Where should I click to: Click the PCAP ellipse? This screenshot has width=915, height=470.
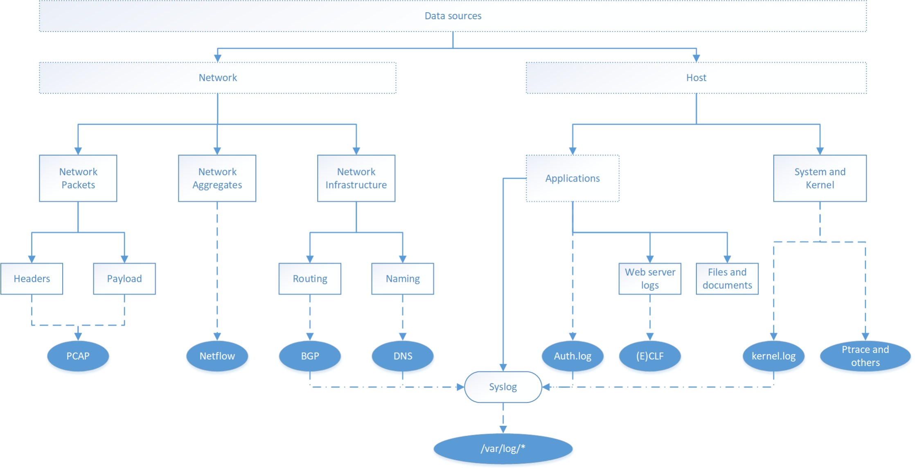[78, 356]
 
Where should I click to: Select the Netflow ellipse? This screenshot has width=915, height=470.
[217, 356]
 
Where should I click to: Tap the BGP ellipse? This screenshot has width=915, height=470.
[310, 356]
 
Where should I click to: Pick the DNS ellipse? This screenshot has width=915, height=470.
[403, 356]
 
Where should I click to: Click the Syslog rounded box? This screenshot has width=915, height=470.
[503, 387]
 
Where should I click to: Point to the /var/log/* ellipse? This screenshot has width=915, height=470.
[503, 449]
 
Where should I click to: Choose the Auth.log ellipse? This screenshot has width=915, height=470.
[572, 356]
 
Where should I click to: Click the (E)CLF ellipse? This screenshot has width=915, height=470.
[650, 356]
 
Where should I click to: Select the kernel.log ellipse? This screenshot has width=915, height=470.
[773, 356]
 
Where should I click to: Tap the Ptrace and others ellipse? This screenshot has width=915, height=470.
[865, 356]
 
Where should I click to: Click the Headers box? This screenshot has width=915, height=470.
[32, 279]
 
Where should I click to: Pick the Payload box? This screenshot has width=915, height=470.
[124, 279]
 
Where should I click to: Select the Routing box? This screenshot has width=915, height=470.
[310, 279]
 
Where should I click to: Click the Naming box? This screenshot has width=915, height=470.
[403, 279]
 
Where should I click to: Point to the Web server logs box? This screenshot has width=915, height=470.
[650, 279]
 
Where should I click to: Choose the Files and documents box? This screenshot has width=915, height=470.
[727, 279]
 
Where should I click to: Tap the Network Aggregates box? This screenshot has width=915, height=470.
[217, 178]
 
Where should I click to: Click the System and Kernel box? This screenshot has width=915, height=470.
[820, 178]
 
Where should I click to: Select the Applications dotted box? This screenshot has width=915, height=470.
[572, 178]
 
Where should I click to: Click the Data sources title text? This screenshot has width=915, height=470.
[453, 16]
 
